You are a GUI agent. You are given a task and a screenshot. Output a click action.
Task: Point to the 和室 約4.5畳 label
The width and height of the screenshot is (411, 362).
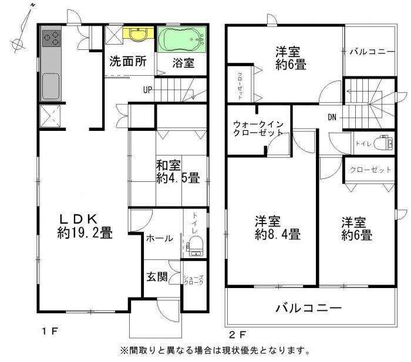[x=177, y=170]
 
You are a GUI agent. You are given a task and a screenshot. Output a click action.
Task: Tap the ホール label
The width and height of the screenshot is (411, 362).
[x=159, y=238]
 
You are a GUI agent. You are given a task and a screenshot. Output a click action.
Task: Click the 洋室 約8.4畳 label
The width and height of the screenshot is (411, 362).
[x=277, y=229]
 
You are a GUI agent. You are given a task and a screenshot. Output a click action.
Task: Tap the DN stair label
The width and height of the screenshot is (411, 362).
[x=332, y=117]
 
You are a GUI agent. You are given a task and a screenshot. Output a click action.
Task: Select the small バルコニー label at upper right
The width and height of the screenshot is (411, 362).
[x=372, y=52]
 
